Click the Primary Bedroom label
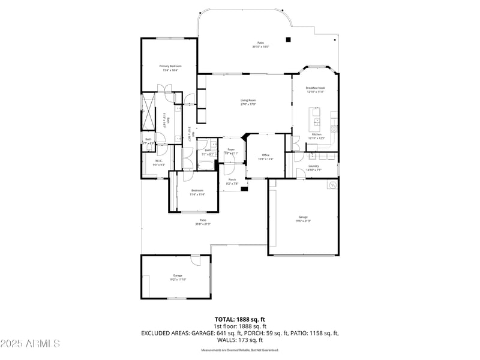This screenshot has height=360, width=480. pyautogui.click(x=170, y=65)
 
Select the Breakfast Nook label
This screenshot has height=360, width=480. pyautogui.click(x=315, y=88)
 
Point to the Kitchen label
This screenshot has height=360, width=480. pyautogui.click(x=316, y=134)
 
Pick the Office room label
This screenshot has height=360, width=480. pyautogui.click(x=265, y=155)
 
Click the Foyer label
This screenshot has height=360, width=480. pyautogui.click(x=231, y=149)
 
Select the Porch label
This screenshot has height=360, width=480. pyautogui.click(x=232, y=180)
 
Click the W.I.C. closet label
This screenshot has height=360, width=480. pyautogui.click(x=159, y=161)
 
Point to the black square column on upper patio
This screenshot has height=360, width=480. pyautogui.click(x=289, y=40)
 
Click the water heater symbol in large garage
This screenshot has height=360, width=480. pyautogui.click(x=331, y=185)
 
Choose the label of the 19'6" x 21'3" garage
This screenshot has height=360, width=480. pyautogui.click(x=303, y=217)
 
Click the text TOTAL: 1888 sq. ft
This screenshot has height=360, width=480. pyautogui.click(x=240, y=319)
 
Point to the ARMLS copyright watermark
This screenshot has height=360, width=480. pyautogui.click(x=30, y=344)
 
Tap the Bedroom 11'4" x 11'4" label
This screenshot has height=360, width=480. pyautogui.click(x=197, y=191)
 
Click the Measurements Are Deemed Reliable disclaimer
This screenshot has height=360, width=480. pyautogui.click(x=240, y=350)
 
